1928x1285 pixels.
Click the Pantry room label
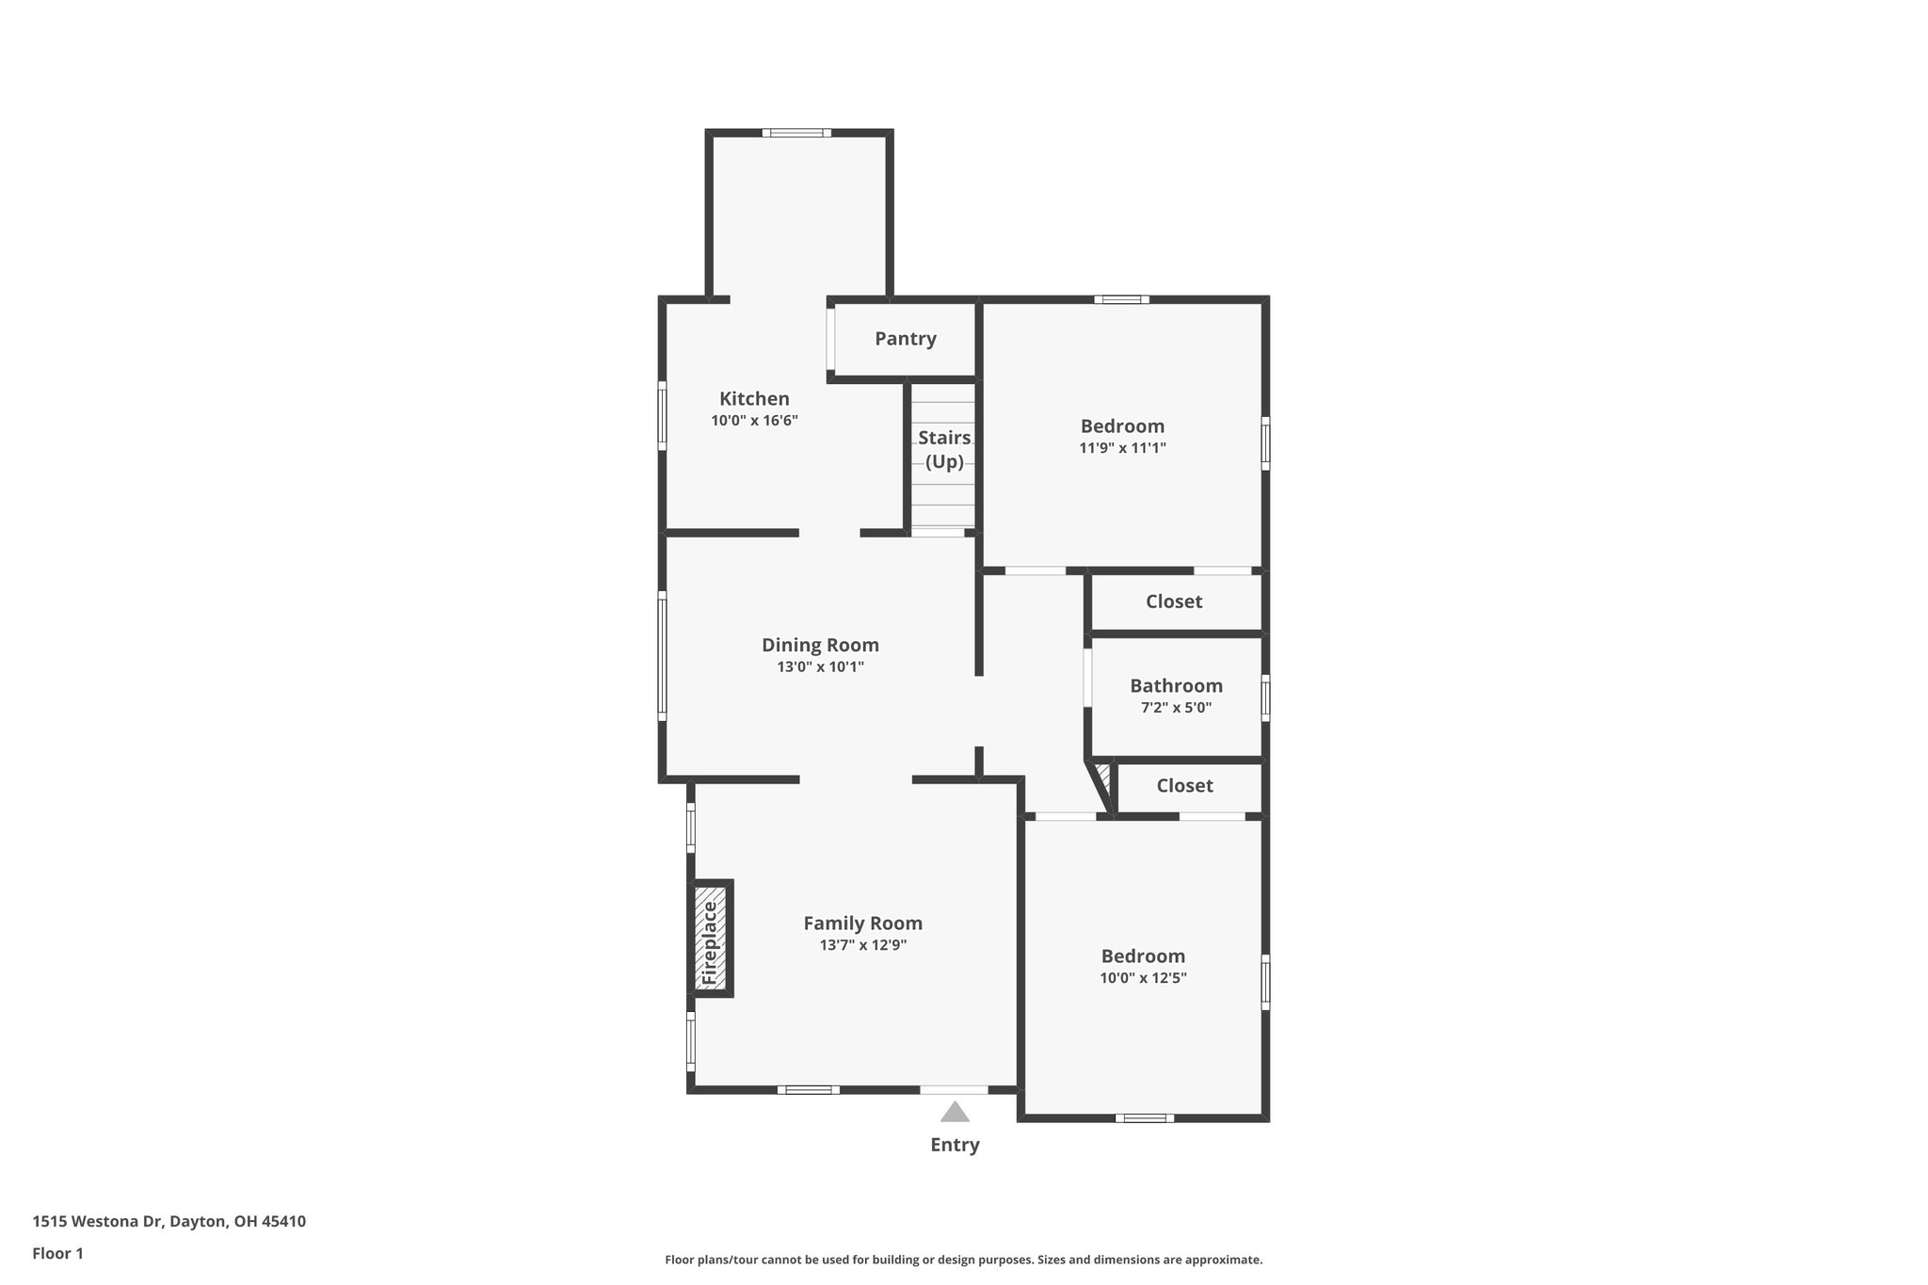click(x=905, y=339)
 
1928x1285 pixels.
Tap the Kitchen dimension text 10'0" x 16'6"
click(x=754, y=421)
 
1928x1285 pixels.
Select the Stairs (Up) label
click(x=944, y=449)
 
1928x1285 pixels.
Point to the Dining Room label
click(x=820, y=645)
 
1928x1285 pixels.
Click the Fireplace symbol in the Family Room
click(x=711, y=938)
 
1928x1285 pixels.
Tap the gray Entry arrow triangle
click(x=955, y=1113)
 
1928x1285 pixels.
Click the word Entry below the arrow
click(x=955, y=1145)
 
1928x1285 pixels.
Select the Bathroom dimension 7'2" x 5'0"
click(x=1176, y=708)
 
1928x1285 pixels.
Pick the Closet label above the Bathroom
click(x=1174, y=602)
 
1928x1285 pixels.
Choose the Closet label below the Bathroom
click(x=1184, y=785)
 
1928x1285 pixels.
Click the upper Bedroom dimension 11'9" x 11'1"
click(x=1122, y=449)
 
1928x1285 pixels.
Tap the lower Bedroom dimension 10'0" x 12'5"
click(x=1143, y=978)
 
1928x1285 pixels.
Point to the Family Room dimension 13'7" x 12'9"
click(x=862, y=945)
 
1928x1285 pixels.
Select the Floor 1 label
click(x=57, y=1253)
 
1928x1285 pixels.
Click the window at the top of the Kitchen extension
click(x=796, y=133)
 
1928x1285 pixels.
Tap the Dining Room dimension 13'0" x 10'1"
click(x=820, y=667)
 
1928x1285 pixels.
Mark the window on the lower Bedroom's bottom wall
click(x=1144, y=1118)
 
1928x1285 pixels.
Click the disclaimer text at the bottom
click(x=963, y=1260)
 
